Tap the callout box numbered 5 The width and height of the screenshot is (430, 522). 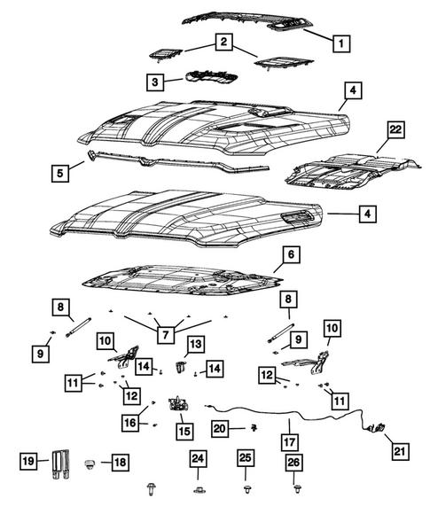coord(59,173)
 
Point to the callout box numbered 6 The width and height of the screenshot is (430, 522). coord(289,255)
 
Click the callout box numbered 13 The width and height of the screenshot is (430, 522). coord(194,343)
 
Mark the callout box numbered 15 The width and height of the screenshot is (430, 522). coord(184,431)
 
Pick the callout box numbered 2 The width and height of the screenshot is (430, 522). coord(223,42)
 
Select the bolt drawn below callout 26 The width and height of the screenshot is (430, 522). coord(294,487)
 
